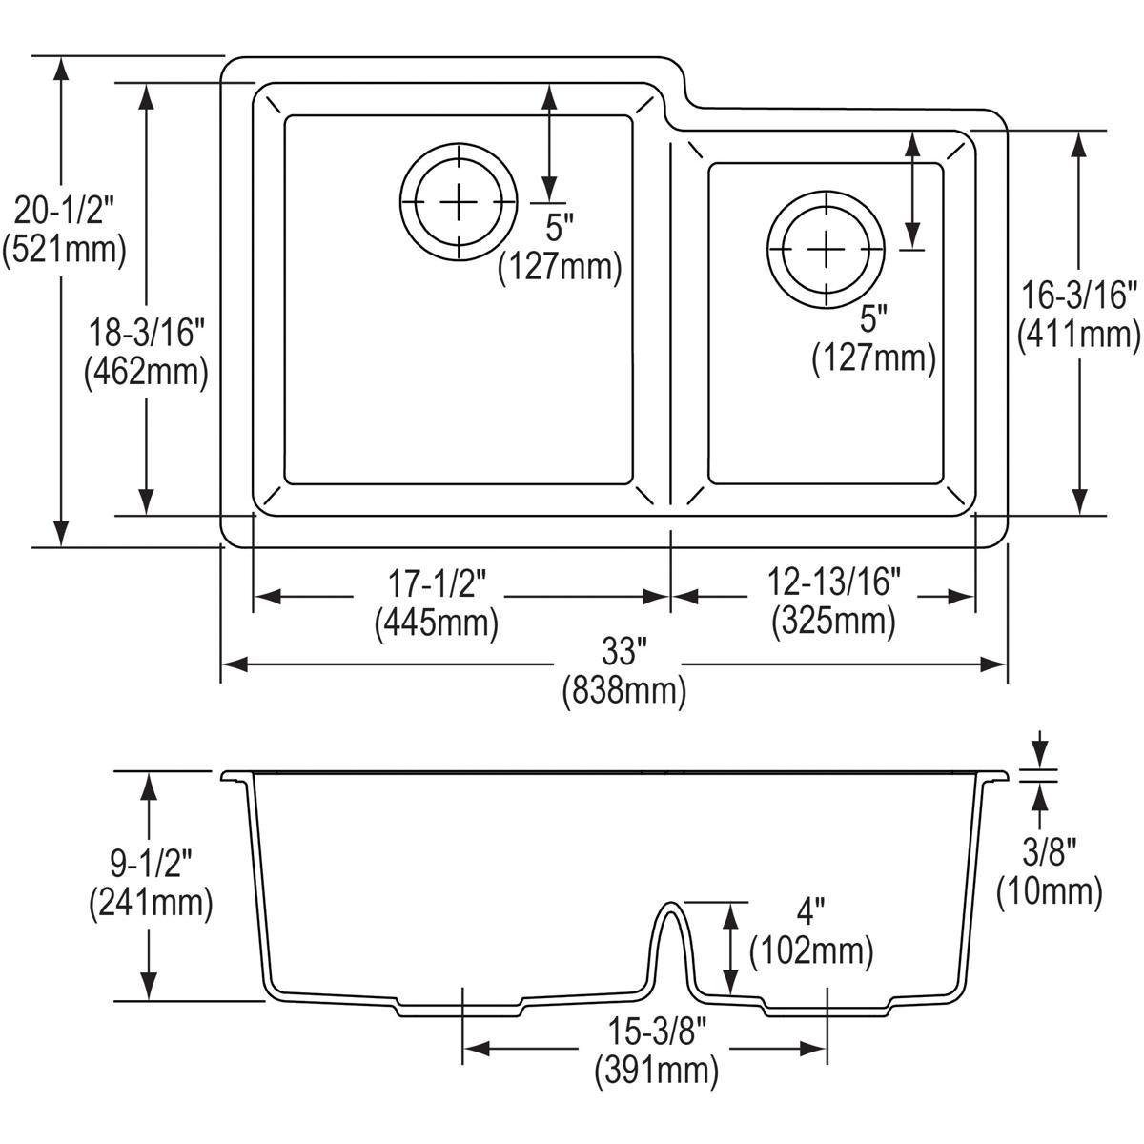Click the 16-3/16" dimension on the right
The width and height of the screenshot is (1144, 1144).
(x=1079, y=295)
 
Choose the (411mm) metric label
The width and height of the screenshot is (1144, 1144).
(x=1079, y=334)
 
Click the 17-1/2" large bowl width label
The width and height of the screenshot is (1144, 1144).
(x=436, y=582)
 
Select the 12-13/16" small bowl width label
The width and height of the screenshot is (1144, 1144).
(x=832, y=581)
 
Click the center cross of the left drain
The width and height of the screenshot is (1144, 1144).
(x=459, y=201)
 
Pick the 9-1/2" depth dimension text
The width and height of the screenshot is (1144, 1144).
(x=149, y=862)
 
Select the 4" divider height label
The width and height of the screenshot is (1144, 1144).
(x=810, y=915)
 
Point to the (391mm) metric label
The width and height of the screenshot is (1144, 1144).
(x=655, y=1072)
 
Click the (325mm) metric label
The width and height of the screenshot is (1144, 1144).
(x=832, y=622)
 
